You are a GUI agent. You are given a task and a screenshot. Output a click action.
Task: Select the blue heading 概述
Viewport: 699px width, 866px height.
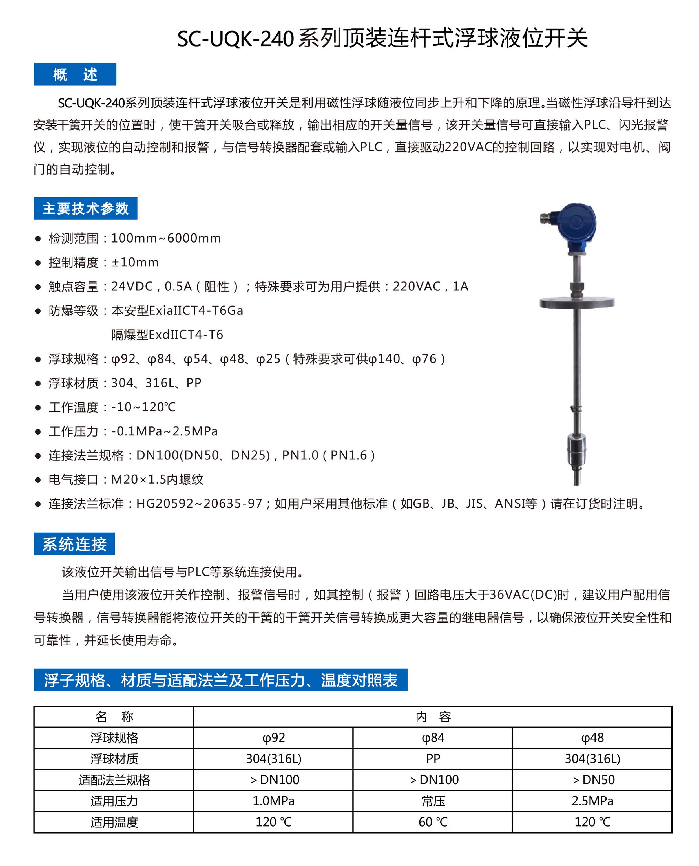click(x=75, y=74)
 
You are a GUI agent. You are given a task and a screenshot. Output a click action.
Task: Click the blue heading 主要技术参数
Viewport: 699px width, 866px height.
click(x=85, y=208)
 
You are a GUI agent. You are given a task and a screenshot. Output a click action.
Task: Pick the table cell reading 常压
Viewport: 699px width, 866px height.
click(x=433, y=801)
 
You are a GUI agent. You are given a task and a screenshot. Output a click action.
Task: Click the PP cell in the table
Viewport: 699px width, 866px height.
click(x=433, y=759)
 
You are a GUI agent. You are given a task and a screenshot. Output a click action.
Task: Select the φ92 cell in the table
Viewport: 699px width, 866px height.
click(x=273, y=737)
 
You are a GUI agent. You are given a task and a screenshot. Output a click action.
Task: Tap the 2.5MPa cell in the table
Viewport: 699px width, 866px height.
click(x=592, y=801)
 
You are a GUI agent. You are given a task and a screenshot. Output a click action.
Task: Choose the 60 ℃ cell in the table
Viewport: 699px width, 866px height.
click(x=433, y=822)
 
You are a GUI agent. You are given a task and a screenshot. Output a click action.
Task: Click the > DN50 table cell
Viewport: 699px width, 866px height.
click(x=592, y=780)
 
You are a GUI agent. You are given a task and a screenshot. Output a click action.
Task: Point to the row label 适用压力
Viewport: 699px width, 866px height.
click(x=114, y=801)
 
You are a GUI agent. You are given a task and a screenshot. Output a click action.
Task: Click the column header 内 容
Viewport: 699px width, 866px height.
click(x=433, y=717)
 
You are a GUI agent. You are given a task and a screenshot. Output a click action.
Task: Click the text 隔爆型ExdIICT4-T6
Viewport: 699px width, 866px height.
click(x=167, y=335)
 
